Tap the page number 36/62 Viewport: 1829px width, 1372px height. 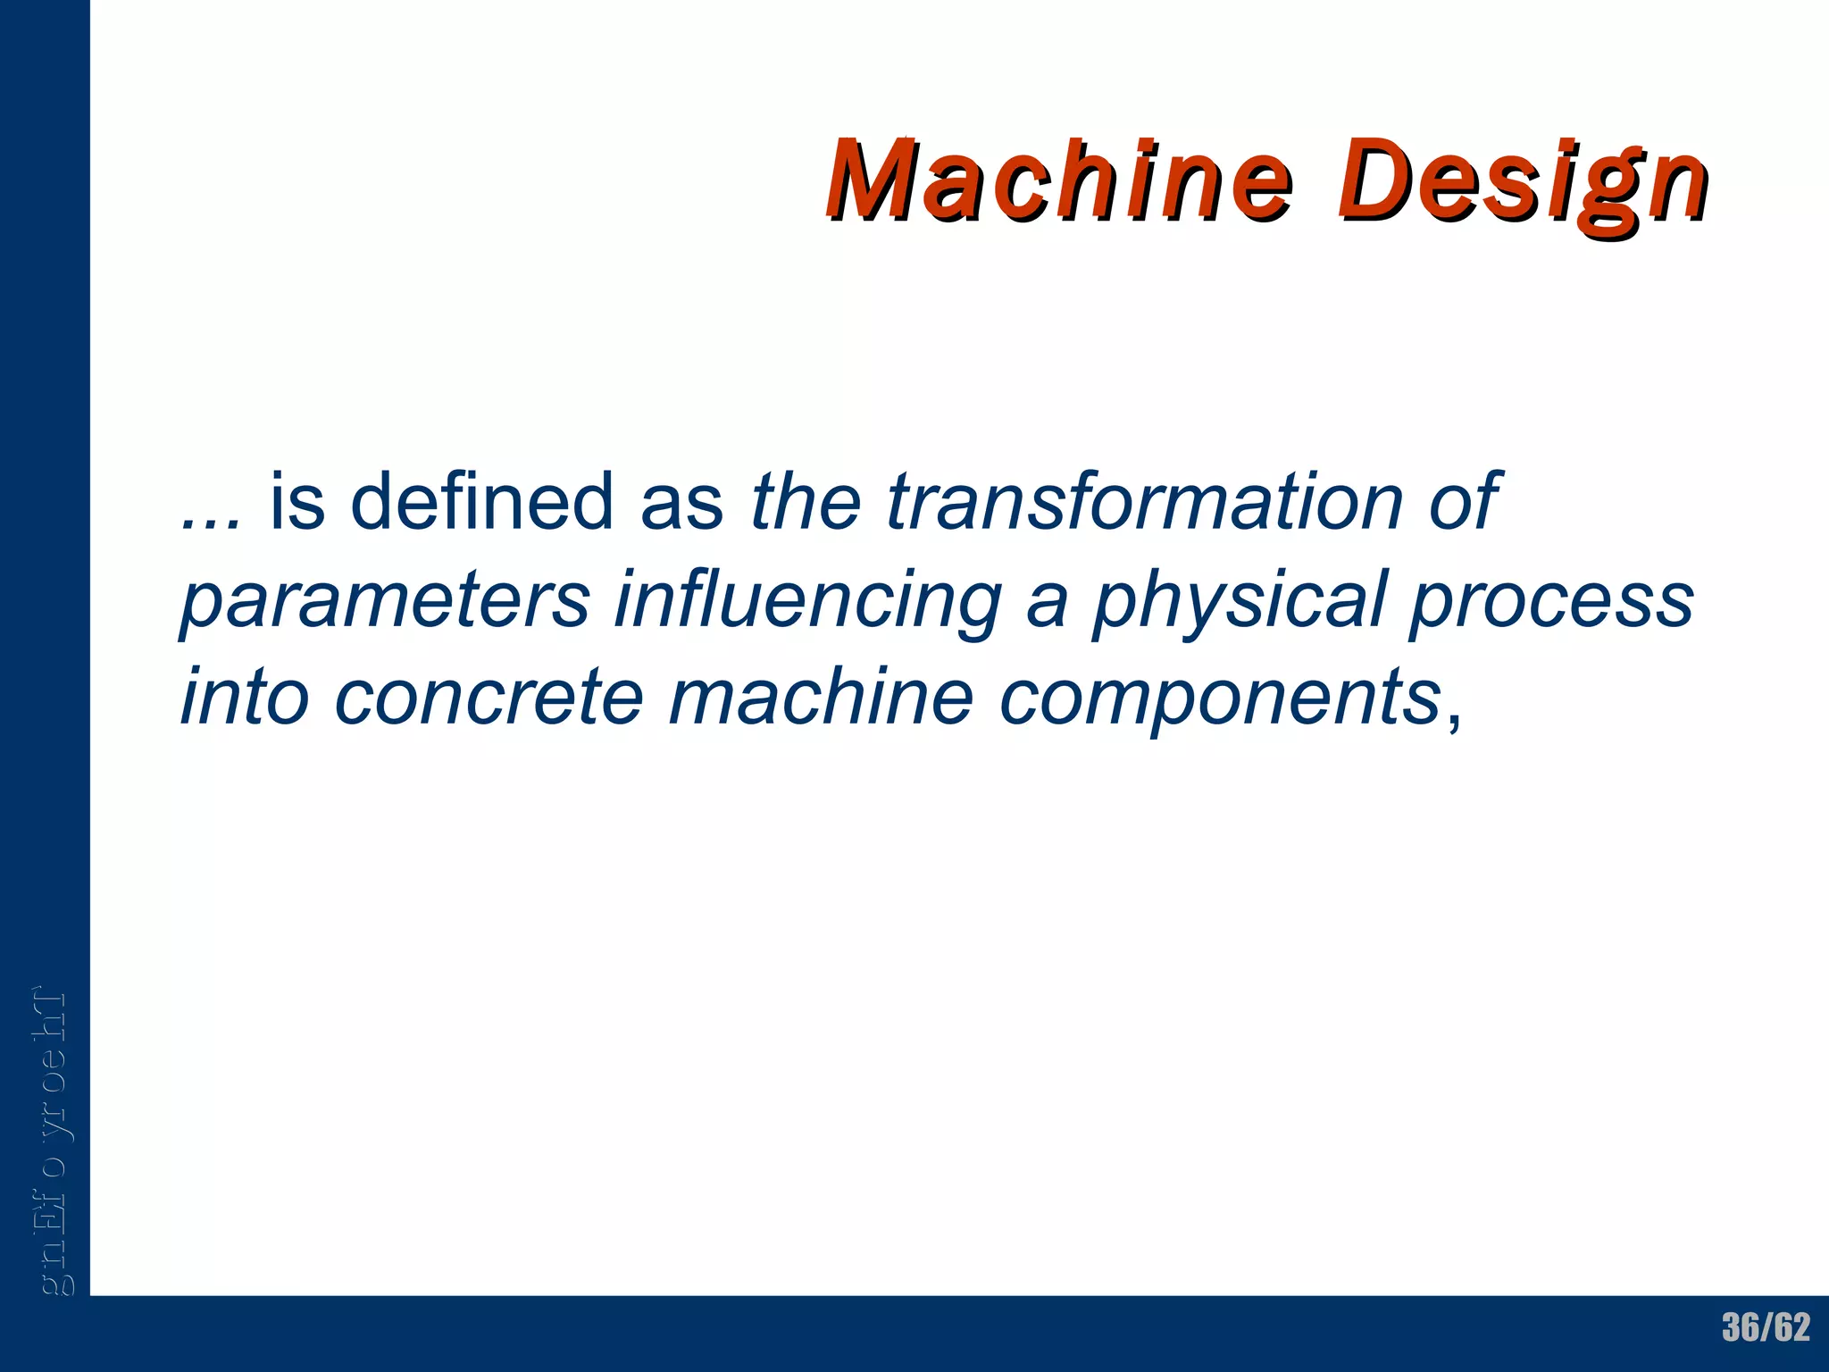click(x=1766, y=1328)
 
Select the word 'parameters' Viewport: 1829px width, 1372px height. click(x=385, y=600)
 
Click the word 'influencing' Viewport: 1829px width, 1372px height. click(x=807, y=600)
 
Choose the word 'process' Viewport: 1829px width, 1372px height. click(x=1550, y=600)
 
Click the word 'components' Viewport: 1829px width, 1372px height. click(x=1219, y=698)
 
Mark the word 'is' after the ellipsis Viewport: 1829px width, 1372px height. click(x=296, y=502)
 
